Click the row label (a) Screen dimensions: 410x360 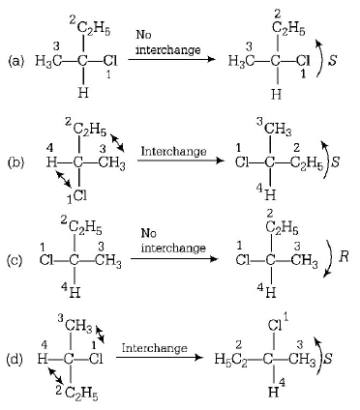pos(15,62)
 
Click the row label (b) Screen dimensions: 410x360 pos(15,162)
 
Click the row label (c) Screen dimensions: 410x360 pos(15,260)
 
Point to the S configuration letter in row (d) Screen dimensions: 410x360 pos(342,359)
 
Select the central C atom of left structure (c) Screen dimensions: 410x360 pos(75,260)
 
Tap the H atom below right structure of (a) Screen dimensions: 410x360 pos(277,95)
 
